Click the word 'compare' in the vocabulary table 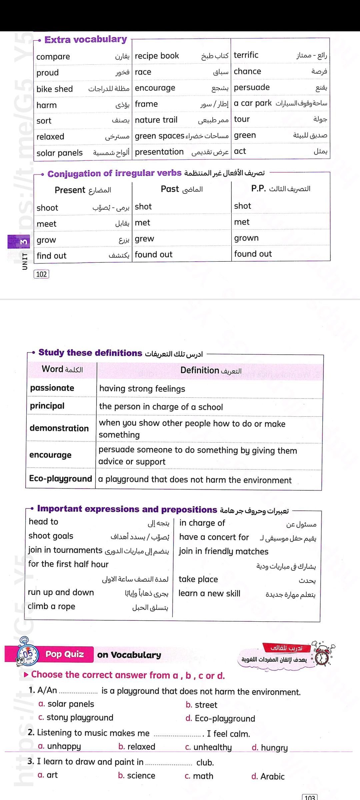pos(53,57)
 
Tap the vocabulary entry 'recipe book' pos(157,56)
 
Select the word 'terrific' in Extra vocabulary pos(246,55)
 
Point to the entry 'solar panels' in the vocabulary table pos(59,153)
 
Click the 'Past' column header pos(170,189)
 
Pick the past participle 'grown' pos(246,238)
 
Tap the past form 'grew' pos(144,239)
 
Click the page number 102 pos(41,274)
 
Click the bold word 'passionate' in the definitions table pos(52,388)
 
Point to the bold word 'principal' pos(47,406)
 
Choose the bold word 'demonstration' pos(59,428)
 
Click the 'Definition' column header pos(200,370)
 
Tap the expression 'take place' pos(198,579)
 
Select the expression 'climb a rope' pos(51,606)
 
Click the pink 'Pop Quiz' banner pos(65,654)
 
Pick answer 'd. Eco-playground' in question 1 pos(220,718)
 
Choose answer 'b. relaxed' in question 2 pos(137,747)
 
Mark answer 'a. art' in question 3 pos(48,775)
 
